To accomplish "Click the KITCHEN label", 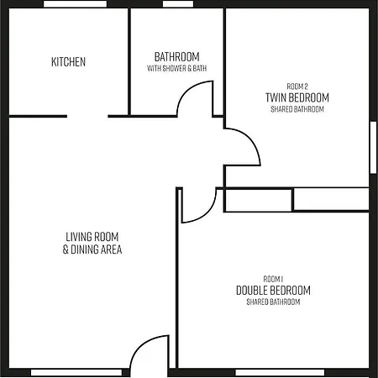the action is (x=68, y=62).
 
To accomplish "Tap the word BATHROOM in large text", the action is (x=177, y=57).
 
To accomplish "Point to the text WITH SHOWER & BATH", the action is (x=177, y=68).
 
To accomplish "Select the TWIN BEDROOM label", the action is (x=297, y=97).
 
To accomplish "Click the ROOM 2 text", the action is (x=297, y=87).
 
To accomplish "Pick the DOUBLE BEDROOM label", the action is (x=273, y=291).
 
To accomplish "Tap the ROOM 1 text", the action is (x=273, y=279).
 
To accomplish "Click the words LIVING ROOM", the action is (x=92, y=237).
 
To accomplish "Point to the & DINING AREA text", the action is (x=92, y=249).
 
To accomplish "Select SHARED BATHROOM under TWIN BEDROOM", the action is (x=297, y=109).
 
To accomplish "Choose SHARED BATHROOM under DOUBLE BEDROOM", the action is (x=273, y=302).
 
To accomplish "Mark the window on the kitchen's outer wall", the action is (x=76, y=4).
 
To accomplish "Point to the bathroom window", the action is (x=178, y=4).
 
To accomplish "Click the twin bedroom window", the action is (x=374, y=147).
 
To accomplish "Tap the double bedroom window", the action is (x=280, y=373).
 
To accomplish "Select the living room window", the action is (x=76, y=373).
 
